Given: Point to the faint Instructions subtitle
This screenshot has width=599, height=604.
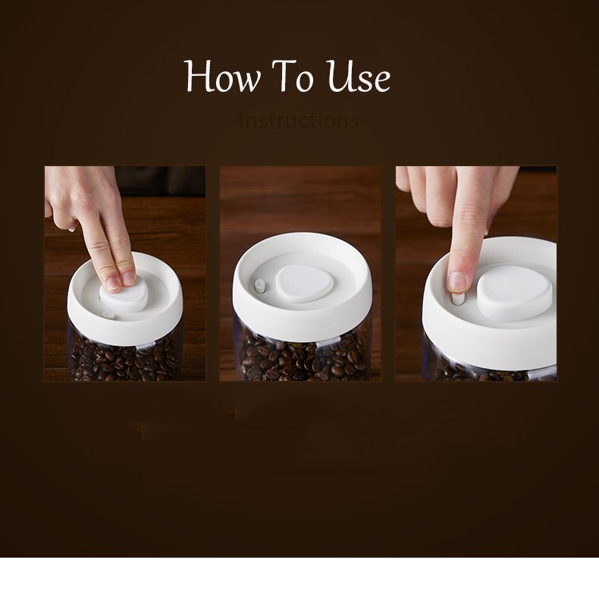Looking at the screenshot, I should (x=299, y=121).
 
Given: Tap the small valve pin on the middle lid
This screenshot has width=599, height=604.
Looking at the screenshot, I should (x=259, y=285).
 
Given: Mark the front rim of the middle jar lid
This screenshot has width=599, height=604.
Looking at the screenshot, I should (x=302, y=322).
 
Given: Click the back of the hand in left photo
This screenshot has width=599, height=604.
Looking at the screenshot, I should (x=83, y=190).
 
